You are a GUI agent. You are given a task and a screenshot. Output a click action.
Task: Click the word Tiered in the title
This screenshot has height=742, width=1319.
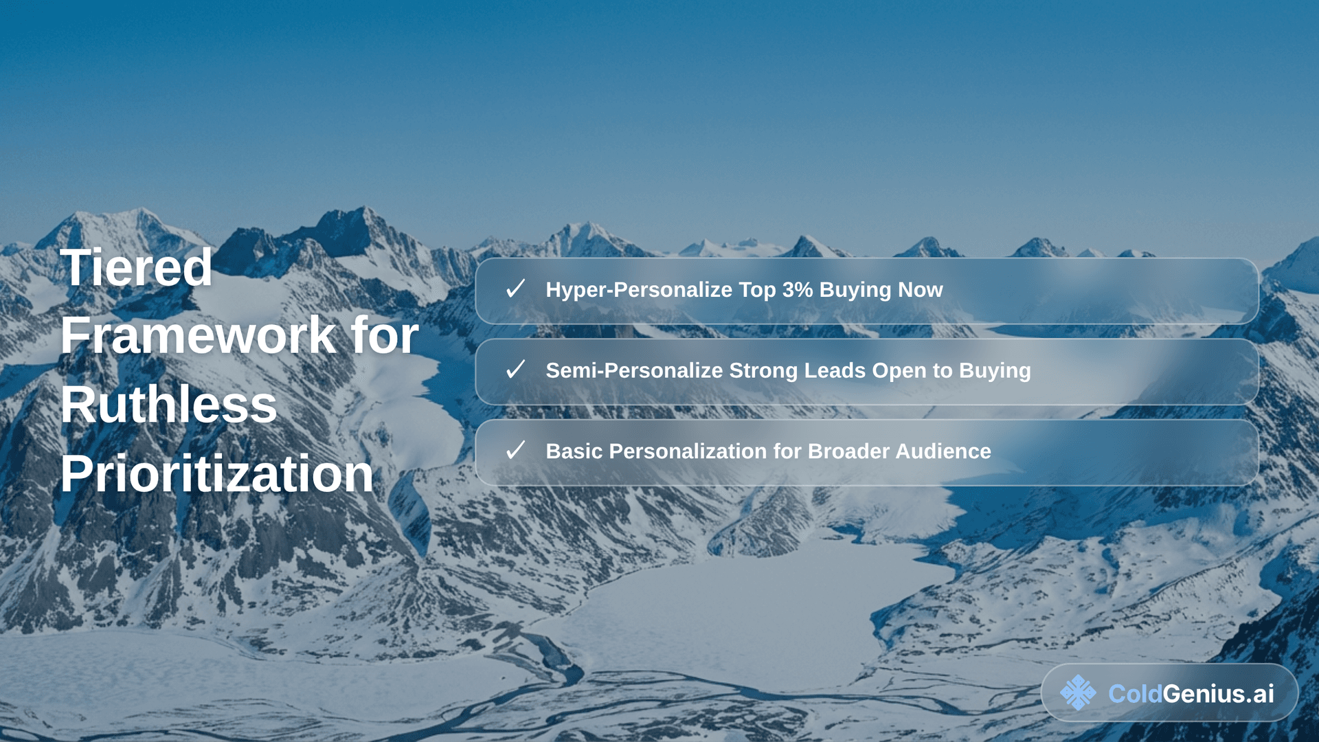pos(136,268)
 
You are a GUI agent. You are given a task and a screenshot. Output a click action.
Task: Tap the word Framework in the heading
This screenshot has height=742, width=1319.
pos(198,336)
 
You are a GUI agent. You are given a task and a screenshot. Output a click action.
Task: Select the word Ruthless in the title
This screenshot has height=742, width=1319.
pos(169,405)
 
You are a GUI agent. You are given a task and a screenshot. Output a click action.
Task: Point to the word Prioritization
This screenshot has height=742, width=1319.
pos(216,474)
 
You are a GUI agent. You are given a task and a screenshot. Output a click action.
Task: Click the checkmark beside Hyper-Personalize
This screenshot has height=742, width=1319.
pos(515,289)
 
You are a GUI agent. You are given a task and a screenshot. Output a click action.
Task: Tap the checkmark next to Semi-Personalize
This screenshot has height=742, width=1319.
pos(515,370)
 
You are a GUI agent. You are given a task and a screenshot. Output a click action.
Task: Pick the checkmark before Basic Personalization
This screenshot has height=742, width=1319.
pos(515,451)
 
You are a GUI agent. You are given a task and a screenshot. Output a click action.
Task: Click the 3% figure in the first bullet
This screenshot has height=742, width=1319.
pos(797,290)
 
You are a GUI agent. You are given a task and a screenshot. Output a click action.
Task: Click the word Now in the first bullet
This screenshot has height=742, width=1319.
pos(921,290)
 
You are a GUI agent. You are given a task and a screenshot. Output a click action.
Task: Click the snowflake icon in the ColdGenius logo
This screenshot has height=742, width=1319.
pos(1078,693)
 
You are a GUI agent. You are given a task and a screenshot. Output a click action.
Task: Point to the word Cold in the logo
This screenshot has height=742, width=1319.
pos(1135,694)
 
